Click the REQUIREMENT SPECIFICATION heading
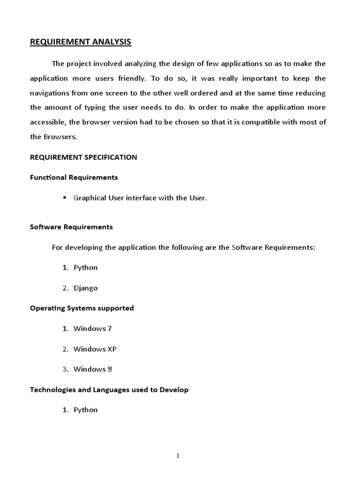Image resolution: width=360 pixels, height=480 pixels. (x=83, y=157)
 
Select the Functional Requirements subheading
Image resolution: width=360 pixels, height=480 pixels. (x=74, y=178)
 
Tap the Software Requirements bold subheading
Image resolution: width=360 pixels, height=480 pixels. (x=71, y=227)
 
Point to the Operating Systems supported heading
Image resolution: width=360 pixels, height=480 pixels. (x=82, y=308)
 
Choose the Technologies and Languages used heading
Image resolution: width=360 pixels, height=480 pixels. (x=109, y=390)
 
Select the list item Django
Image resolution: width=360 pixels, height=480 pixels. (x=86, y=288)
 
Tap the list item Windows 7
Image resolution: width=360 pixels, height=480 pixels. (x=92, y=329)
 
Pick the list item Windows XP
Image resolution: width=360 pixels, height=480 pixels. (x=95, y=349)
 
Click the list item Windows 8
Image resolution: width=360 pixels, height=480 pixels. (x=93, y=369)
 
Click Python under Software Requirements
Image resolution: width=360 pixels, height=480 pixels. (x=86, y=268)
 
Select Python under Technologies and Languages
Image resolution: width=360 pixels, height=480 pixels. (x=86, y=410)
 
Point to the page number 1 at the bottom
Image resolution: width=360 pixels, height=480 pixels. (x=179, y=455)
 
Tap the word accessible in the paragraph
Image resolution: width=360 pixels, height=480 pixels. (x=48, y=122)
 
